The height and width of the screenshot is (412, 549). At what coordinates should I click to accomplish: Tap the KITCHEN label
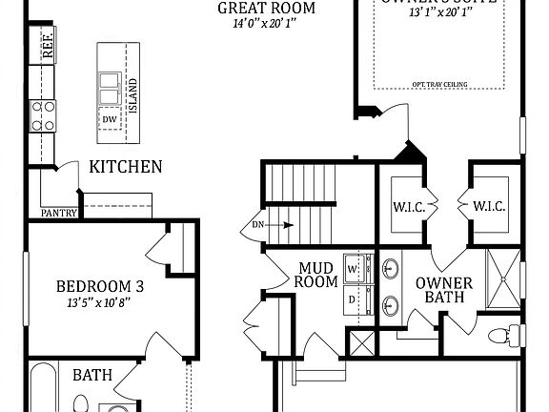pos(125,167)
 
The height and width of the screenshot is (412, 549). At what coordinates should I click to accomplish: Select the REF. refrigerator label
pos(48,46)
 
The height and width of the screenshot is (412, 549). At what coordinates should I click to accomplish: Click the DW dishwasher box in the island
pos(111,119)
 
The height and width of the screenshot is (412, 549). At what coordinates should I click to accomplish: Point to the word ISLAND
pos(133,93)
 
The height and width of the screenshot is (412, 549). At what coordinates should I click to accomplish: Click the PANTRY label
pos(58,213)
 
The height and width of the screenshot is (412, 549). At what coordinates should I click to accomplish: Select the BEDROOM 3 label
pos(99,286)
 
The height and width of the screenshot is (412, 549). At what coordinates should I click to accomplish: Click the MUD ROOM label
pos(315,274)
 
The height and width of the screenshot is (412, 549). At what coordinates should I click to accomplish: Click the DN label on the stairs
pos(258,225)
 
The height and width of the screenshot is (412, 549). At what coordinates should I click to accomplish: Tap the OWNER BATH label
pos(439,290)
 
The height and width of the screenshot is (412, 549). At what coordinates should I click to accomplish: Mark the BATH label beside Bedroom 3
pos(91,375)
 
